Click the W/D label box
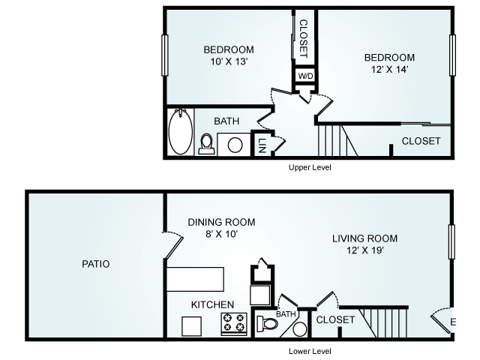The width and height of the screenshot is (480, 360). click(x=305, y=76)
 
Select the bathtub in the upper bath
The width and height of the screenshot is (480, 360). click(x=181, y=131)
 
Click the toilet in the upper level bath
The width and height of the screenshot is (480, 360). click(x=206, y=144)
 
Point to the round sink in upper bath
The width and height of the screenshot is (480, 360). click(x=235, y=145)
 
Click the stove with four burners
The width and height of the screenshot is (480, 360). click(x=234, y=323)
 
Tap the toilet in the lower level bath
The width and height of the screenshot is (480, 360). click(x=267, y=324)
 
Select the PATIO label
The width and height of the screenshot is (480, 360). click(x=96, y=264)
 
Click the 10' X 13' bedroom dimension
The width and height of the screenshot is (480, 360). click(x=229, y=61)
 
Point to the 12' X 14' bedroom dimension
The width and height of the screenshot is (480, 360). click(x=390, y=70)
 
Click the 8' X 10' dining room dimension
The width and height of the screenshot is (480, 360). click(x=222, y=234)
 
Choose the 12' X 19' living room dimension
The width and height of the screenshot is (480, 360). click(x=365, y=250)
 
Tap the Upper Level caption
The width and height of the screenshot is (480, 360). click(x=310, y=167)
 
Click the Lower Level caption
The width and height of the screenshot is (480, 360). click(x=310, y=351)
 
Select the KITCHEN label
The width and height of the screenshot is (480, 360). click(x=212, y=304)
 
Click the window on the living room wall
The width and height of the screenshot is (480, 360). click(x=451, y=241)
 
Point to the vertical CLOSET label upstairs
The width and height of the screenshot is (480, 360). click(x=303, y=39)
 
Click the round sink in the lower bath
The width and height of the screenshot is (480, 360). click(x=300, y=329)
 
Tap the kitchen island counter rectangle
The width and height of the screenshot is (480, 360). click(x=195, y=279)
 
